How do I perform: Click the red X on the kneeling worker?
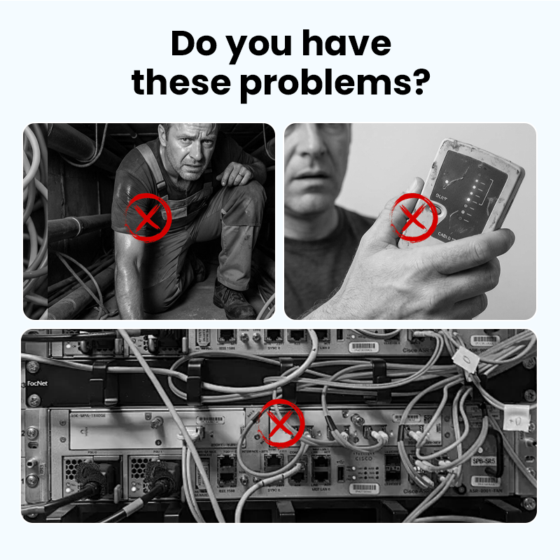point(147,218)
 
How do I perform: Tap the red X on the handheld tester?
point(413,217)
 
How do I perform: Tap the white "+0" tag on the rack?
point(516,422)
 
